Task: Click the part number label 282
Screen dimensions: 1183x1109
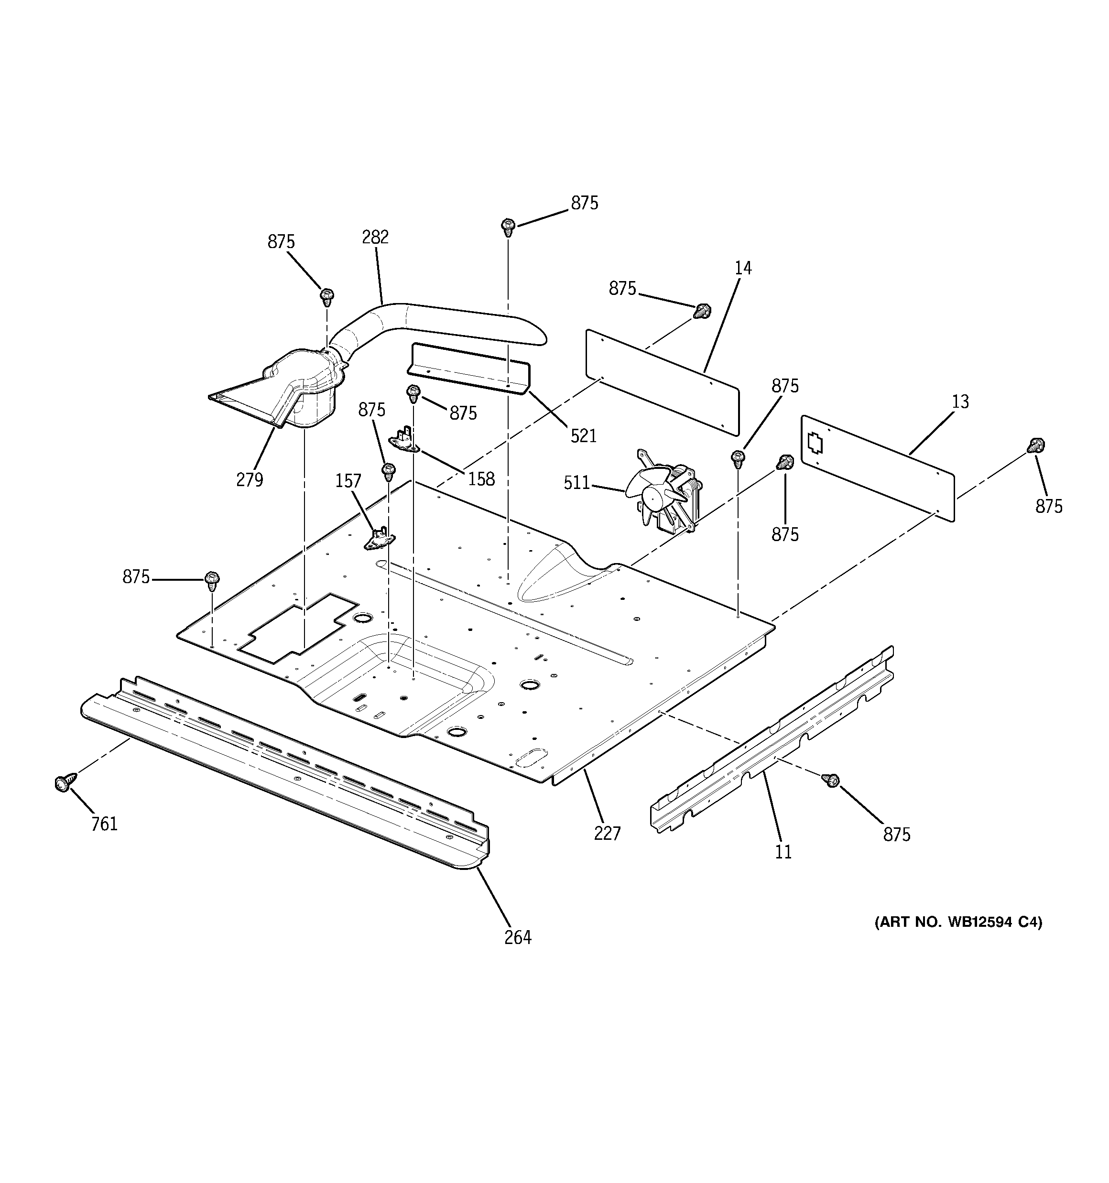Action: (375, 237)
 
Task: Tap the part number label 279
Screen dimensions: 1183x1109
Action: (250, 479)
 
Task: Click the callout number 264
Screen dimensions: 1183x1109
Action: (517, 937)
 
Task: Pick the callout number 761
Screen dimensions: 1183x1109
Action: (104, 824)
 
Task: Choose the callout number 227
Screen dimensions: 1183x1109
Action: (607, 833)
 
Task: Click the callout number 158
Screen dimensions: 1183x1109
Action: (481, 478)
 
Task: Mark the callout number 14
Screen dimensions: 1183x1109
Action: (743, 268)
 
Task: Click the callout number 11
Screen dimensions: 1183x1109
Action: (783, 852)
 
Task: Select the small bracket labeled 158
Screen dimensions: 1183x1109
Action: (405, 440)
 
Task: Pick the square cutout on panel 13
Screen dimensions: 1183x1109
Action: (815, 442)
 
